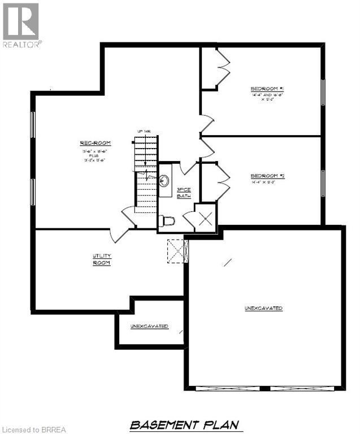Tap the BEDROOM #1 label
pyautogui.click(x=267, y=89)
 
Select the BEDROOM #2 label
pyautogui.click(x=267, y=176)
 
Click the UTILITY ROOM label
pyautogui.click(x=102, y=260)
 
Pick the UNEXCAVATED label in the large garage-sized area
pyautogui.click(x=263, y=308)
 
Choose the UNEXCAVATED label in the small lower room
pyautogui.click(x=149, y=326)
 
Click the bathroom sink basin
pyautogui.click(x=165, y=181)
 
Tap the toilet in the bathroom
pyautogui.click(x=169, y=220)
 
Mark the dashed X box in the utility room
pyautogui.click(x=177, y=250)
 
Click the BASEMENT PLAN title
pyautogui.click(x=184, y=424)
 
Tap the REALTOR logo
pyautogui.click(x=21, y=25)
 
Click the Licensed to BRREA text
pyautogui.click(x=34, y=429)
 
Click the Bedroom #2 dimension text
pyautogui.click(x=267, y=183)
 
